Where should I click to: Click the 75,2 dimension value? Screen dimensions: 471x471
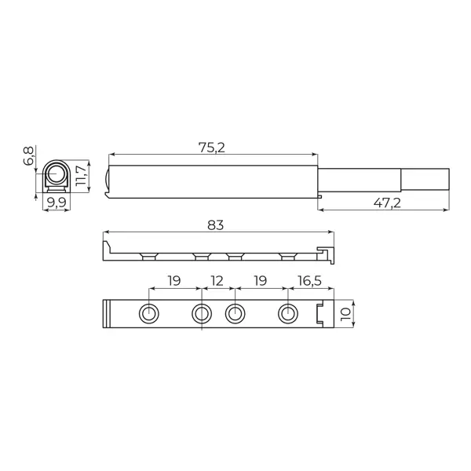[211, 148]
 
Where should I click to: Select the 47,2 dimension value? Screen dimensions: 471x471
[387, 203]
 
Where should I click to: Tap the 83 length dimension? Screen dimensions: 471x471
[216, 225]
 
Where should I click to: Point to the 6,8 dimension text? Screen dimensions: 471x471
[28, 156]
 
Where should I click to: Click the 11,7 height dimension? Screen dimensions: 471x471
[82, 175]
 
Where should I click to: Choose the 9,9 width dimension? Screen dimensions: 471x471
[57, 203]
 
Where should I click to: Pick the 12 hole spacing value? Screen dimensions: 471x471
[217, 281]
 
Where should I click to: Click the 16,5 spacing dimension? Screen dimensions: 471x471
[310, 281]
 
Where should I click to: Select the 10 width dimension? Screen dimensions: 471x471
[345, 313]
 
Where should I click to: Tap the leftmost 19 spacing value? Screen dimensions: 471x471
[174, 281]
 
